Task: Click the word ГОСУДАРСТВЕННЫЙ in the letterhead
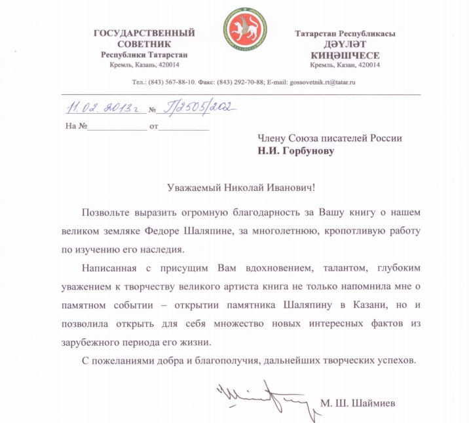(144, 33)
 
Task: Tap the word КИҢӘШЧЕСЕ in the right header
(346, 55)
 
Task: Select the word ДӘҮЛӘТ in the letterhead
(345, 44)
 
